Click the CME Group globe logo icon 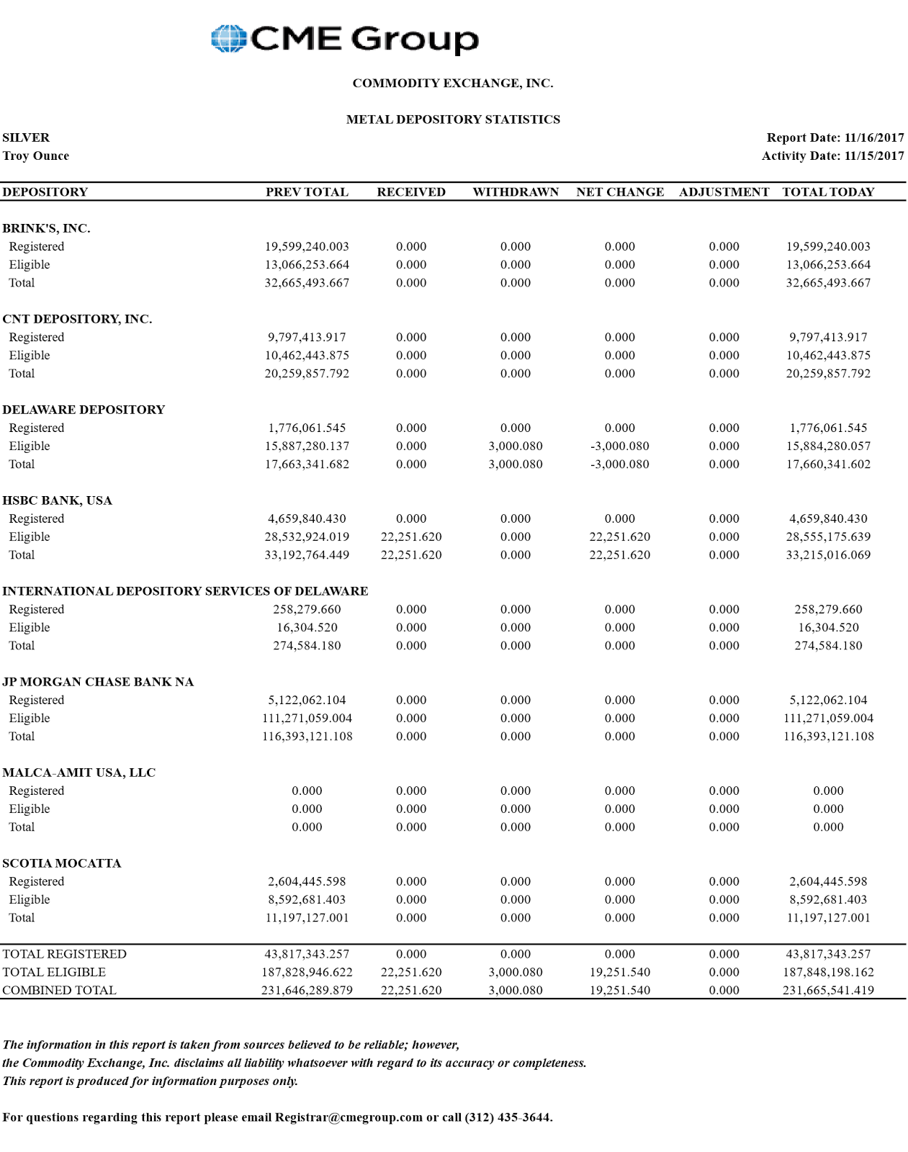[x=229, y=39]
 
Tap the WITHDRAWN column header [x=516, y=192]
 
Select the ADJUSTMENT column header [x=724, y=192]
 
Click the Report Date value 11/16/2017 [x=874, y=138]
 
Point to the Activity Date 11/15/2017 [x=874, y=156]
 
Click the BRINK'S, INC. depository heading [x=46, y=228]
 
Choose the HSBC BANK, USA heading [x=58, y=500]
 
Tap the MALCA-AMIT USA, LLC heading [x=78, y=773]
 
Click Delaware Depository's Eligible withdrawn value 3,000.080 [x=516, y=446]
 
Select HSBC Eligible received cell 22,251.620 [x=411, y=537]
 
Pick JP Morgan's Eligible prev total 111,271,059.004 [x=307, y=719]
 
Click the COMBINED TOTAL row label [x=59, y=990]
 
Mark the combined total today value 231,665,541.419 [x=828, y=990]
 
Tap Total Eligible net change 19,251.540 [x=619, y=972]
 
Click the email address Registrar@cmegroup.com [x=349, y=1117]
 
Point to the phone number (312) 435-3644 [x=508, y=1117]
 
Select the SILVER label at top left [x=26, y=138]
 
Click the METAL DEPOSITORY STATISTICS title [x=453, y=120]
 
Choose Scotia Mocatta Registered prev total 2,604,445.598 [x=307, y=881]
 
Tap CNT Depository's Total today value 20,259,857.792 [x=828, y=374]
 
